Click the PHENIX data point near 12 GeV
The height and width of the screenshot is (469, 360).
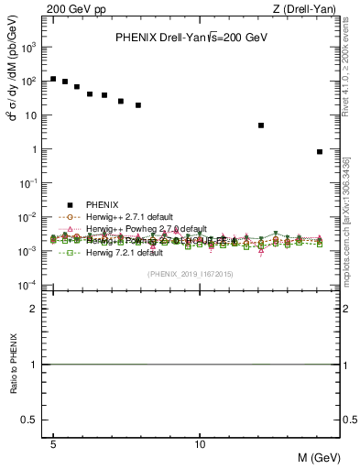coord(261,125)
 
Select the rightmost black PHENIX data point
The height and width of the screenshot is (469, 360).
coord(320,152)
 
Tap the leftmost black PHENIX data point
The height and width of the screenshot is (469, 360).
coord(54,79)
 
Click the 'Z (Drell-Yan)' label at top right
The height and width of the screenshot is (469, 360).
coord(311,8)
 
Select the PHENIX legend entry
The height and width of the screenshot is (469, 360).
coord(103,205)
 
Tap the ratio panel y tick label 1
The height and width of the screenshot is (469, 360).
coord(34,365)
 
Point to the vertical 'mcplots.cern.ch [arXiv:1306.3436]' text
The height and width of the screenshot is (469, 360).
coord(346,220)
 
